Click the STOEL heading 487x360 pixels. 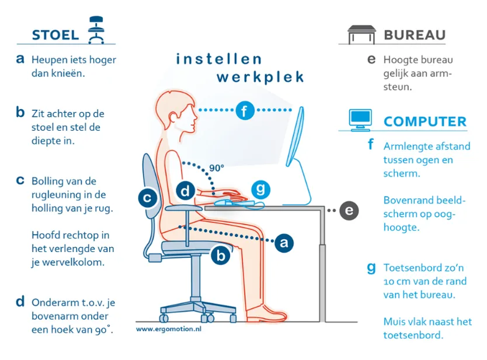55,35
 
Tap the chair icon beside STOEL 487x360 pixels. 96,30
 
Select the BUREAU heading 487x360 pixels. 415,35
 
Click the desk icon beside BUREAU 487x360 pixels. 361,35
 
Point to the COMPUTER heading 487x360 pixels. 425,121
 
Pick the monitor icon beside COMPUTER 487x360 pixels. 360,120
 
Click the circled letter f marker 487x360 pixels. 245,110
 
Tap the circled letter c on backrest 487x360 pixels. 148,198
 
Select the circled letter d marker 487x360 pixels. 186,191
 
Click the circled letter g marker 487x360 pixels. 260,190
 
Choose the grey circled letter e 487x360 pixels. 349,211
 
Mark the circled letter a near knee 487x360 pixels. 284,242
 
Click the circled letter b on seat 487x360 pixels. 221,256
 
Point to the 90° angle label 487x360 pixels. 217,168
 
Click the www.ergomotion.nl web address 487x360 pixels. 169,329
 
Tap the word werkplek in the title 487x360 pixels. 260,77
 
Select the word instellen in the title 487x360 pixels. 219,59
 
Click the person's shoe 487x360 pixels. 266,314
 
